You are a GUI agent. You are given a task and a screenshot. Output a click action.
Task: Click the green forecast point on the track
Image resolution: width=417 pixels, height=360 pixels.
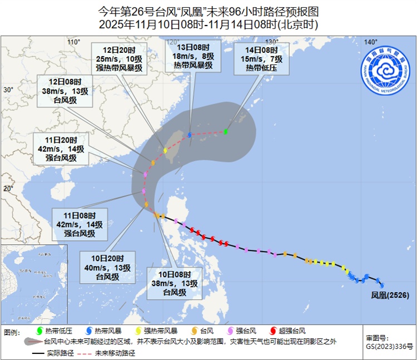tap(226, 132)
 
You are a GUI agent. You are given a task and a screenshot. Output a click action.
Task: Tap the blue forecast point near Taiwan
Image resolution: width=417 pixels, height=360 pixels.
tap(190, 135)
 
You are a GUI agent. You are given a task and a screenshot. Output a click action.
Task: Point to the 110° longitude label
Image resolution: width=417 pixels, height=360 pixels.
tap(74, 43)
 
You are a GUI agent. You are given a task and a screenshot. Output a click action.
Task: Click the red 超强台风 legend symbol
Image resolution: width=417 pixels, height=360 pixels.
tap(272, 331)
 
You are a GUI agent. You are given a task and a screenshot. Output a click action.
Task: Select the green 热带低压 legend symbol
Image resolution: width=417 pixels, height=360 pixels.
tap(38, 331)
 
